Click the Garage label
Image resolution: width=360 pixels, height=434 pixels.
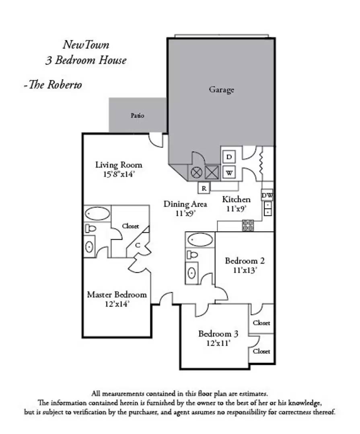click(x=221, y=90)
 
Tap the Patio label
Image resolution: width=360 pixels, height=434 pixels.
click(x=137, y=116)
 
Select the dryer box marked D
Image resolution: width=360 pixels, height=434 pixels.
click(x=229, y=157)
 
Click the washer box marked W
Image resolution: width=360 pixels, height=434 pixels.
click(x=229, y=173)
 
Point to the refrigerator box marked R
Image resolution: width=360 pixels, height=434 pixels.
click(x=204, y=187)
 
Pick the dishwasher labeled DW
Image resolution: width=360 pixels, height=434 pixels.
click(x=267, y=196)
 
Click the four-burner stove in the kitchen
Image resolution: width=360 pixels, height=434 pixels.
click(x=247, y=225)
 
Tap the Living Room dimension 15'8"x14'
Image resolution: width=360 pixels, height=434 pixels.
click(x=119, y=175)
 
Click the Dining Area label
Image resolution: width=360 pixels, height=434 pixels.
click(x=185, y=204)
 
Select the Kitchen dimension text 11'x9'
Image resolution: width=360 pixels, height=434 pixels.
click(x=237, y=209)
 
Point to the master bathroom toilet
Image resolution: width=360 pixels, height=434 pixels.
click(x=91, y=229)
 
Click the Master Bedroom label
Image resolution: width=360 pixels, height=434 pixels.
click(x=117, y=295)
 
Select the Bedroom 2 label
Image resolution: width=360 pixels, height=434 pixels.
click(x=245, y=261)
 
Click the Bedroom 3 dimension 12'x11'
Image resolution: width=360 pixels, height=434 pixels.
click(x=218, y=343)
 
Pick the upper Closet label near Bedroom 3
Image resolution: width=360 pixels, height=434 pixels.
click(x=261, y=323)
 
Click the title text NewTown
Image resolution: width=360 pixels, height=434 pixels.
click(x=86, y=45)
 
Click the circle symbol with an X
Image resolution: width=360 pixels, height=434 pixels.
click(x=196, y=173)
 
